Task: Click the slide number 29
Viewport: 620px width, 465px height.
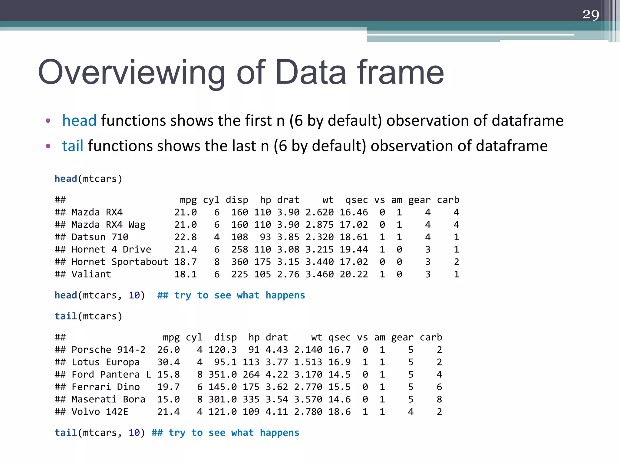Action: [591, 15]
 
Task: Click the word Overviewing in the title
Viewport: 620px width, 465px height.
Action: [131, 73]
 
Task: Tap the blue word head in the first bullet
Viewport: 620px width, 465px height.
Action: [79, 120]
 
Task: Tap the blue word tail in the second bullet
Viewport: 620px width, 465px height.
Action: [73, 146]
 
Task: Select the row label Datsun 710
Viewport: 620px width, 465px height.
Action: [100, 237]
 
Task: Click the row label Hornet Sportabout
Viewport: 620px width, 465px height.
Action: [120, 262]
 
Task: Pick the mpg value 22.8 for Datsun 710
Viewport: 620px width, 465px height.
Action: [185, 237]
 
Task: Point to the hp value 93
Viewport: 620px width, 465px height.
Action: [265, 237]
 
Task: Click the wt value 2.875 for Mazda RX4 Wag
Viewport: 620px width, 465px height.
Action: [319, 225]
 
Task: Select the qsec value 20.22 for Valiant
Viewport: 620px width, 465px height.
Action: [354, 274]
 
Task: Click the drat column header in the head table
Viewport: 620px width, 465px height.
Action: [288, 200]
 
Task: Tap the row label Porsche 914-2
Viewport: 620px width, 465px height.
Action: [108, 350]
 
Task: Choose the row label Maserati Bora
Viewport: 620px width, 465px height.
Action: [108, 399]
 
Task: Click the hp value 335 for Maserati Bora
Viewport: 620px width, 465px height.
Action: [251, 399]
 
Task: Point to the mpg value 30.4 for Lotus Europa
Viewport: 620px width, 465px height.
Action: [168, 362]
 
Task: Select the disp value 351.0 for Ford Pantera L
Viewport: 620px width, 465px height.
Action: [223, 374]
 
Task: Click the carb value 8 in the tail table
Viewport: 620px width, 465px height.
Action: [439, 399]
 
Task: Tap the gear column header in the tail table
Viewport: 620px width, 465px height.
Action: [402, 337]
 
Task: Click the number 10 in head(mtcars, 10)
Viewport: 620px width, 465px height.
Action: [134, 295]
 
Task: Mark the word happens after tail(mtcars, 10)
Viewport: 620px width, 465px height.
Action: [279, 433]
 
